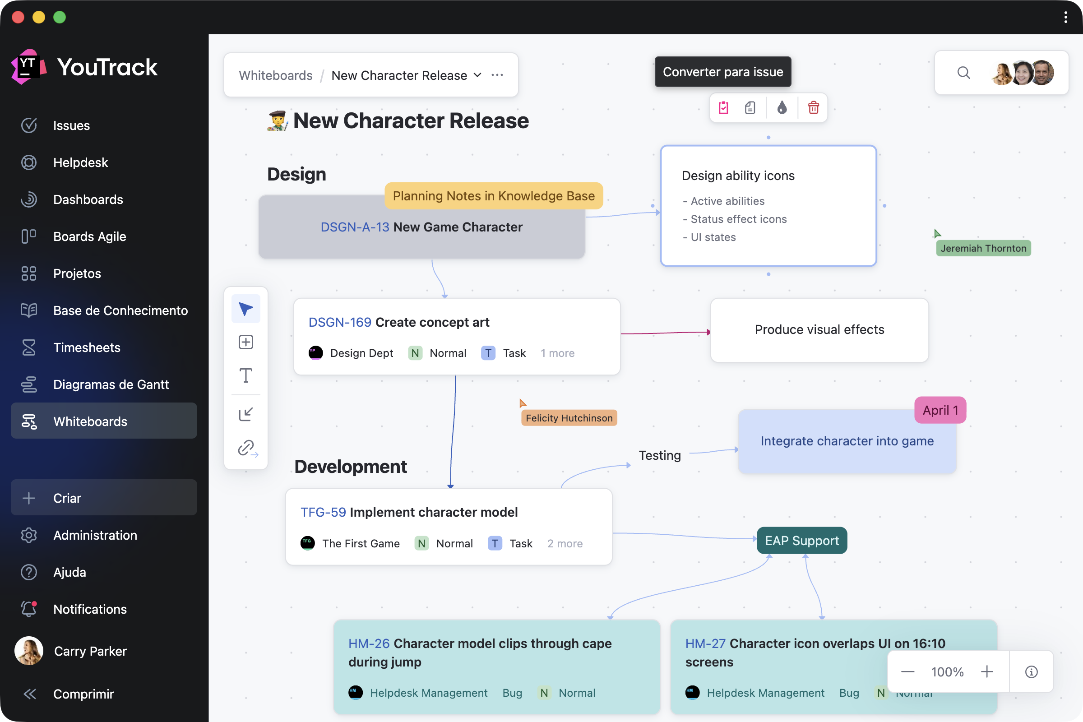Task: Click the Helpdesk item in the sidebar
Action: tap(80, 162)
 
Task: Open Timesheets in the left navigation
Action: tap(87, 347)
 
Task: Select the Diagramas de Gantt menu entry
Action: tap(111, 384)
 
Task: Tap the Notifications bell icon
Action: tap(29, 609)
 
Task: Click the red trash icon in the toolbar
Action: tap(813, 108)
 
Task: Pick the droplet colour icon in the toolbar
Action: tap(782, 108)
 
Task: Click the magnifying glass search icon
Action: tap(963, 73)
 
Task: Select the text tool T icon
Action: tap(246, 375)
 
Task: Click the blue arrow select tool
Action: tap(246, 309)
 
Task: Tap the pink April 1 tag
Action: tap(940, 410)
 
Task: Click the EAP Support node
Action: tap(802, 540)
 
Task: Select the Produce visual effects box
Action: tap(819, 330)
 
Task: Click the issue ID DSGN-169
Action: tap(340, 322)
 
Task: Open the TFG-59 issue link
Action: tap(323, 512)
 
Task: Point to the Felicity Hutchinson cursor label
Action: tap(569, 418)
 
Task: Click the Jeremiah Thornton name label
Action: tap(983, 248)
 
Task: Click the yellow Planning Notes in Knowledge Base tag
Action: tap(494, 196)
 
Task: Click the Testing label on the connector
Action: tap(659, 455)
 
